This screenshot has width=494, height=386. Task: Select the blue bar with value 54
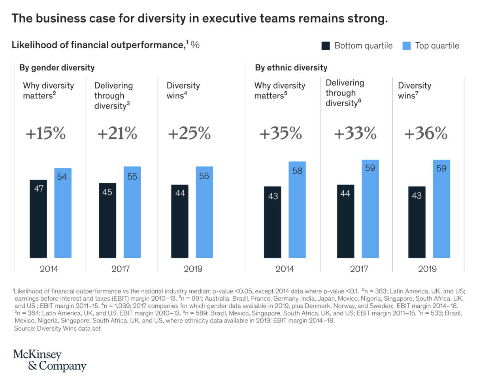click(x=63, y=213)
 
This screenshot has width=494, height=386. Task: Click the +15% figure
click(x=45, y=134)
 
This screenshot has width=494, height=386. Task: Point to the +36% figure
click(x=426, y=134)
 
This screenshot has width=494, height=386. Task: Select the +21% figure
click(x=117, y=134)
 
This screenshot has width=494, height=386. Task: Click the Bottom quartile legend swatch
click(x=326, y=46)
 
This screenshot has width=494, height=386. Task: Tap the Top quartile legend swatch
click(x=407, y=46)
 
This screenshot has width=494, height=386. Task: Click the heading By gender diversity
click(x=57, y=68)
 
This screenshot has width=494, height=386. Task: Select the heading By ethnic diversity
click(x=291, y=68)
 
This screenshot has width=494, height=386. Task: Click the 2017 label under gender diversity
click(x=121, y=269)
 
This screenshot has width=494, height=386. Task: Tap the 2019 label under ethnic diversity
click(x=427, y=269)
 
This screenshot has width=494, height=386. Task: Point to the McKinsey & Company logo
click(x=49, y=360)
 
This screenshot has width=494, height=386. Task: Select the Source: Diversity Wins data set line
click(x=57, y=328)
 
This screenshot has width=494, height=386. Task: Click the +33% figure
click(x=355, y=134)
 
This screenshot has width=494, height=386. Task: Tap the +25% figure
click(x=189, y=134)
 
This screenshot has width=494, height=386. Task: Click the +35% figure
click(x=281, y=134)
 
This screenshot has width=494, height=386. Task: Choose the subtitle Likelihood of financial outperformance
click(x=98, y=45)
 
